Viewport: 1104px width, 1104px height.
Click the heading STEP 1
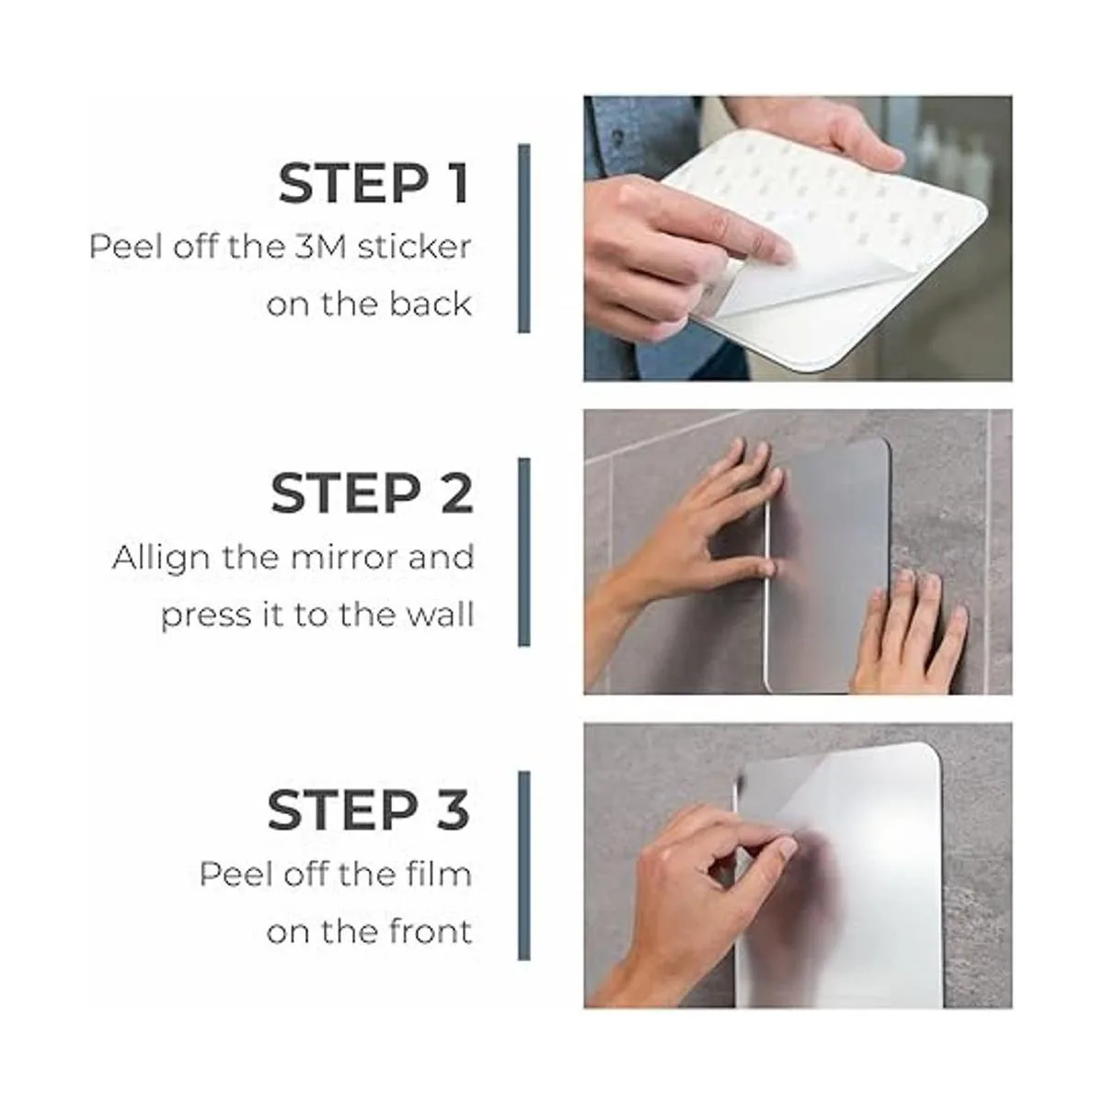click(374, 184)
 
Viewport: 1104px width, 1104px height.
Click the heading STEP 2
click(373, 493)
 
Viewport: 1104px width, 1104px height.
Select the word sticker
click(414, 247)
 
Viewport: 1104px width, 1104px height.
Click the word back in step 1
click(431, 304)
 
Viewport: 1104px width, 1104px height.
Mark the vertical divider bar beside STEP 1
click(523, 238)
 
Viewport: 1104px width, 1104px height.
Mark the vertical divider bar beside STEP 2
click(523, 552)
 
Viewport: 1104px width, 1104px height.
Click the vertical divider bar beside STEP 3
click(523, 867)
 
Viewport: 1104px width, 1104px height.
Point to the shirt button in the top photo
click(617, 137)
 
